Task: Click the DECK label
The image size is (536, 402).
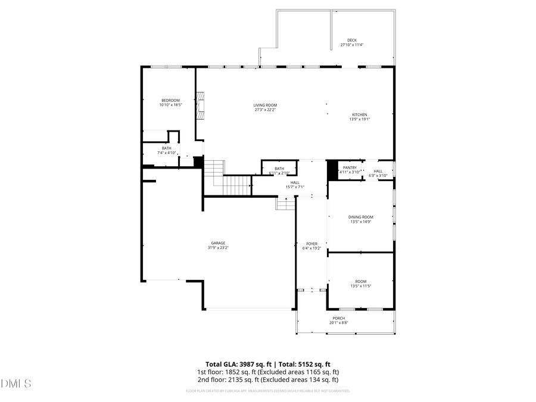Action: pos(352,40)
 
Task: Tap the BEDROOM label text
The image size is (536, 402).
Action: pos(170,100)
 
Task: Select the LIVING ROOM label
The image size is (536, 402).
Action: pos(266,105)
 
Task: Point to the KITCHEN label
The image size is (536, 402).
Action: pos(360,114)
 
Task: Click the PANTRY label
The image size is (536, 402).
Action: pos(350,168)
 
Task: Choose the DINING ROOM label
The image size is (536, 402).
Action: pos(361,217)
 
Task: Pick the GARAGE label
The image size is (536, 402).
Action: pos(218,243)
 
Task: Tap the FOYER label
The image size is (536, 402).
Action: pos(312,244)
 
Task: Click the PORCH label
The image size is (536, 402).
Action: pos(339,318)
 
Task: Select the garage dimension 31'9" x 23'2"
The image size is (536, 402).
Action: pos(218,248)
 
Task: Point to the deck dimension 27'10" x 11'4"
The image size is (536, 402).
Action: pos(352,45)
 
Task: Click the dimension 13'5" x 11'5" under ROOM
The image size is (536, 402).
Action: pos(361,286)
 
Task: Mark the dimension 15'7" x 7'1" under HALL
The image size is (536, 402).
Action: pos(295,187)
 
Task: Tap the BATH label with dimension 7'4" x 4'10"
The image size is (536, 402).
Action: pos(167,148)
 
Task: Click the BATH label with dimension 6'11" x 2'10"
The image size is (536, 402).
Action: pos(279,168)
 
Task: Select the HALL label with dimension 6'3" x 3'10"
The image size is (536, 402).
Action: pos(378,171)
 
